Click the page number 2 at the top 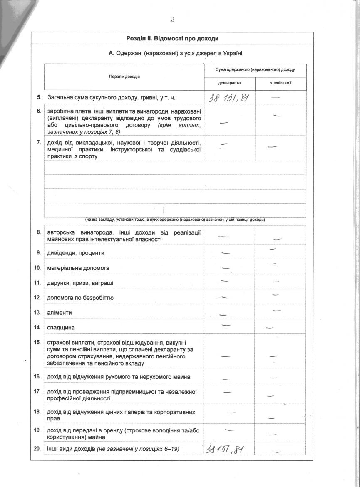[x=172, y=19]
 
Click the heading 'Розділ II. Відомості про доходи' [x=172, y=38]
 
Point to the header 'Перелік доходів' [x=125, y=77]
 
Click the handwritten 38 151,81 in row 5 [x=230, y=98]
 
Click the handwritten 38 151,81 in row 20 [x=225, y=449]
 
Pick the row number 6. [x=39, y=111]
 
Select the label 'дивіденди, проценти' [x=76, y=253]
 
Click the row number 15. [x=37, y=343]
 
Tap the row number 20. [x=37, y=448]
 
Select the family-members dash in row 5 [x=275, y=97]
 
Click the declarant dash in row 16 [x=227, y=379]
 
